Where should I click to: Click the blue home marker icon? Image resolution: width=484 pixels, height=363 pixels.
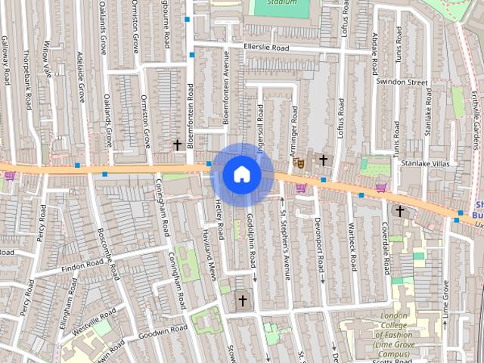coord(241,174)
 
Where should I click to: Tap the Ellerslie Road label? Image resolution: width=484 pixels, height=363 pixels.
coord(267,47)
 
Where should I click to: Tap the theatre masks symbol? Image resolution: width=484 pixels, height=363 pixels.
coord(298,162)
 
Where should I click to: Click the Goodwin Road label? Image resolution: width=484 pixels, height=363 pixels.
coord(163,331)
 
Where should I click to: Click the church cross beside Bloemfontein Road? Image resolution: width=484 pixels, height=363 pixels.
coord(178,144)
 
